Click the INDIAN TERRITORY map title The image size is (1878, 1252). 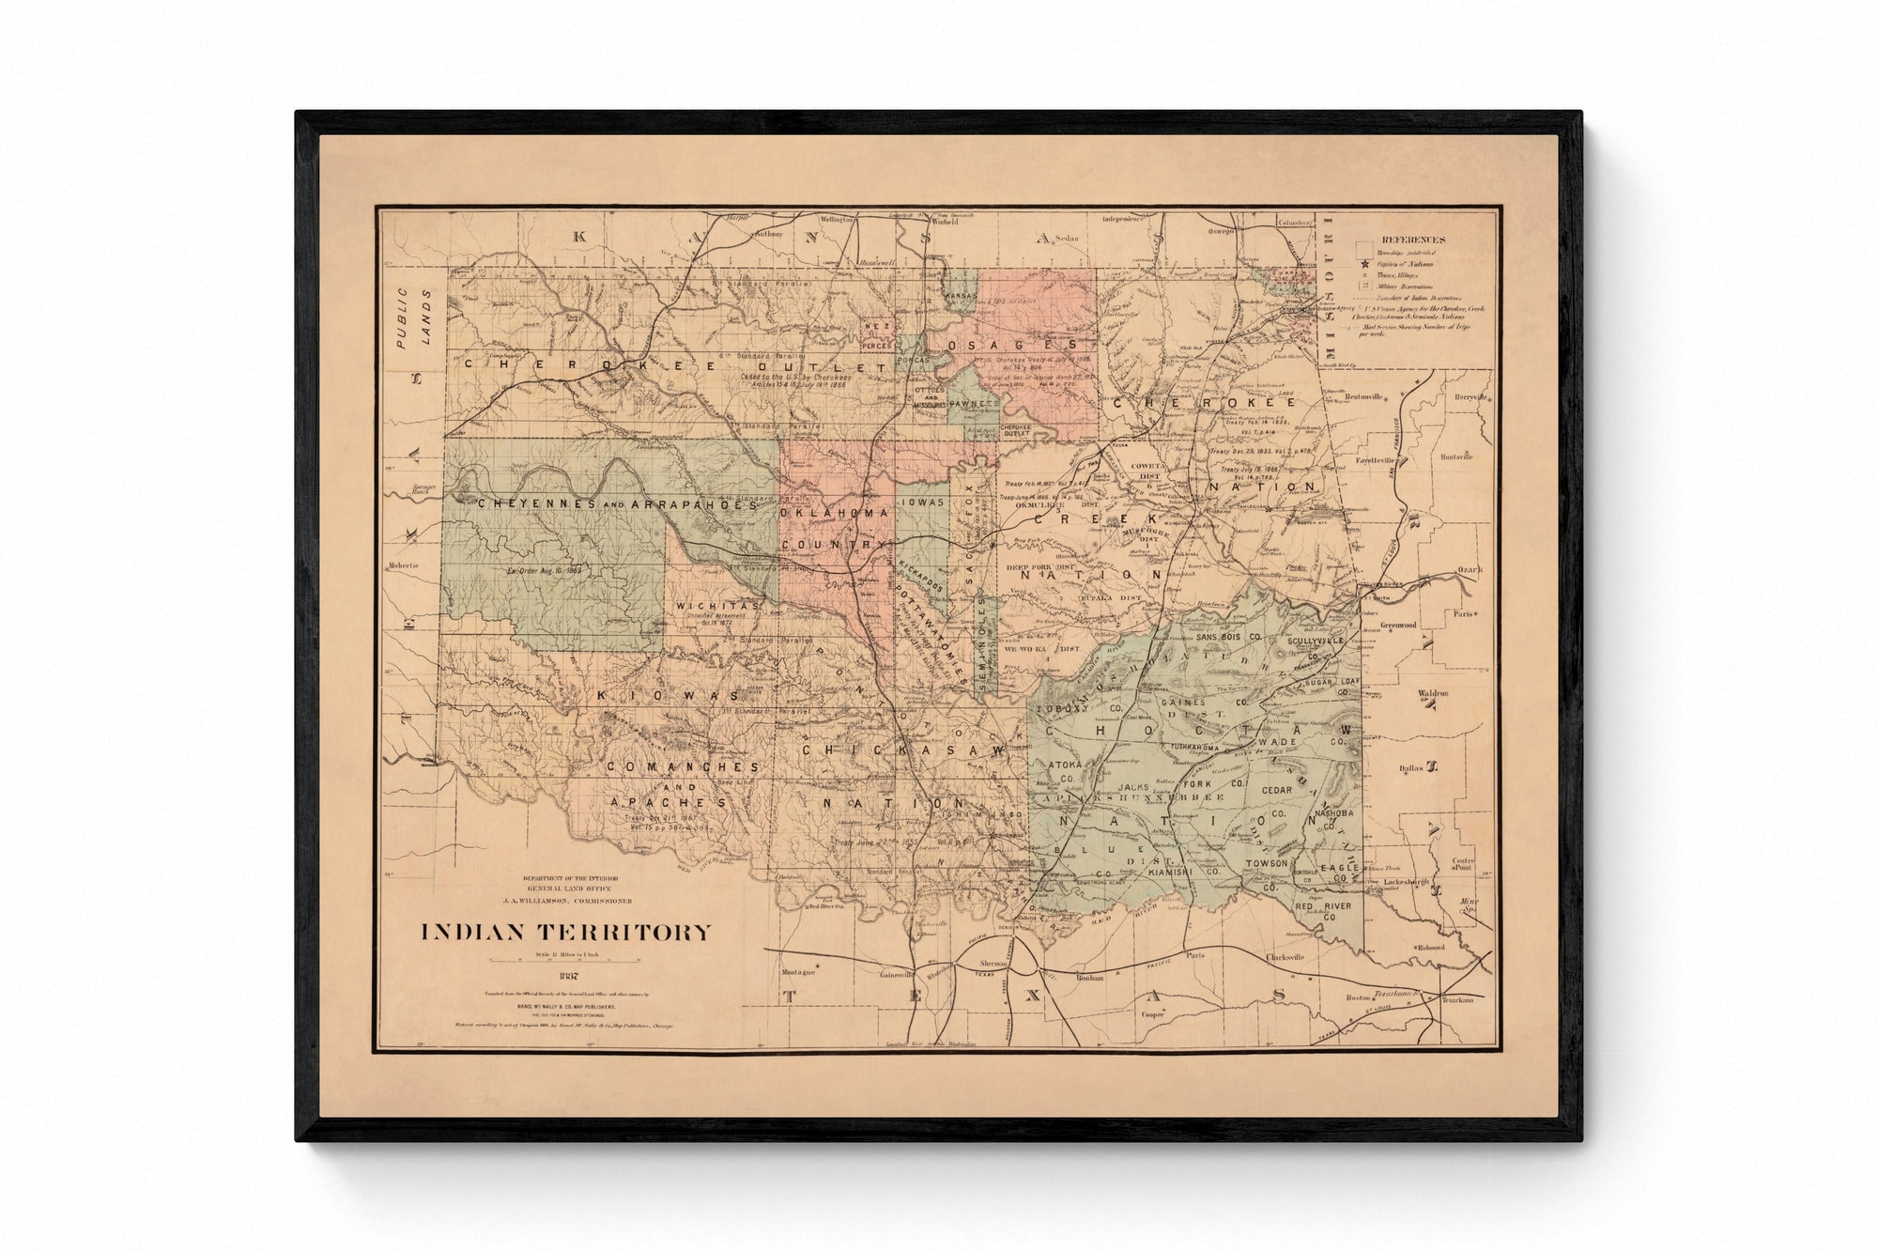[565, 933]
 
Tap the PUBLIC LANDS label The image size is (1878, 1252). [414, 318]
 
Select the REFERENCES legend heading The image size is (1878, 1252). [1413, 240]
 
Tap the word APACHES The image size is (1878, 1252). [669, 803]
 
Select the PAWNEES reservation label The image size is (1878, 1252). [973, 403]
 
